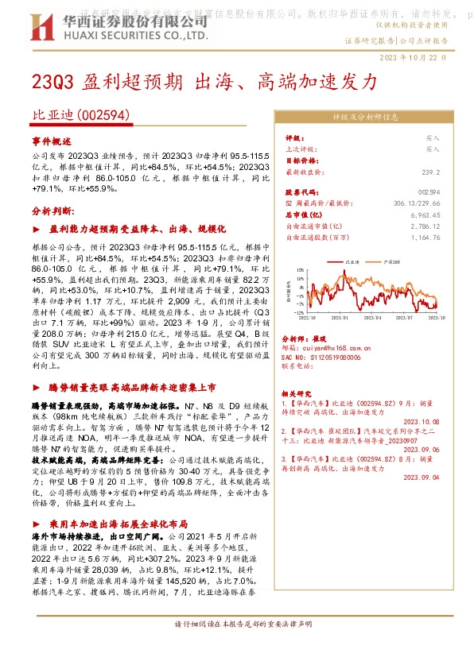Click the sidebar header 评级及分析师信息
click(x=364, y=116)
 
